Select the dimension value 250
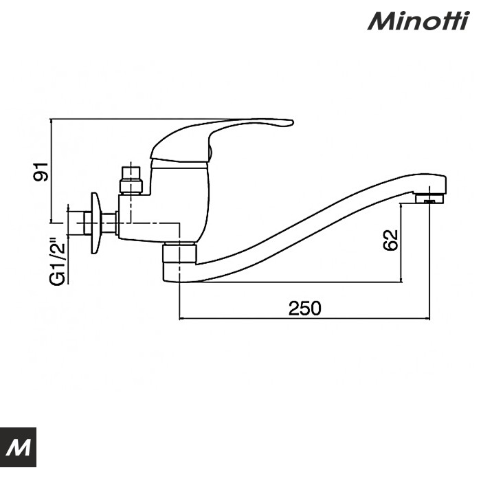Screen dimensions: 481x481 (304, 309)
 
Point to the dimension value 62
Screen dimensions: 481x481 (390, 241)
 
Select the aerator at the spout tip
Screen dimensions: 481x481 (429, 199)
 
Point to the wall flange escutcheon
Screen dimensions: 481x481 (96, 222)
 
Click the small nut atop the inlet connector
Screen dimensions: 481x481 (129, 170)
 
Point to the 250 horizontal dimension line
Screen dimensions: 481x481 (240, 319)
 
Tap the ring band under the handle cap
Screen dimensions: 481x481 (179, 164)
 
